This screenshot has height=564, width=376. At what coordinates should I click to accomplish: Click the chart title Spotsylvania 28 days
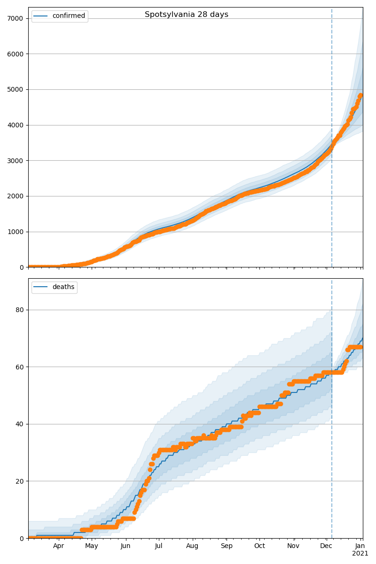click(x=186, y=15)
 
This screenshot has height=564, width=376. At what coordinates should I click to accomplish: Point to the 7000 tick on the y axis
click(x=16, y=18)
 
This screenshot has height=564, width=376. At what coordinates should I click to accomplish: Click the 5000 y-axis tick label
click(x=16, y=89)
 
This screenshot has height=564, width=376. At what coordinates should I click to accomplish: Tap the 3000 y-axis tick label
click(x=16, y=161)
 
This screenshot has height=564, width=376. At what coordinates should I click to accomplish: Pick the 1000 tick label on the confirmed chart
click(x=16, y=232)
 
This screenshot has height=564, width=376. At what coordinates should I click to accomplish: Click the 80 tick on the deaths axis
click(x=19, y=310)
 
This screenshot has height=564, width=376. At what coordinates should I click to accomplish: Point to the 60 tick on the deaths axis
click(x=19, y=367)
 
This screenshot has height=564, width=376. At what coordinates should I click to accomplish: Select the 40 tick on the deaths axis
click(x=19, y=424)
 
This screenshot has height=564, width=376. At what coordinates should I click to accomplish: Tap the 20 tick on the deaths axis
click(x=19, y=481)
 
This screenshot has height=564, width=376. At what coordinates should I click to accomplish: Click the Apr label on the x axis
click(x=58, y=546)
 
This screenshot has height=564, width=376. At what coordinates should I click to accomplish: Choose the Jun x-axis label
click(x=125, y=546)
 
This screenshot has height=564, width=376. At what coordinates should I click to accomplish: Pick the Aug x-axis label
click(x=192, y=546)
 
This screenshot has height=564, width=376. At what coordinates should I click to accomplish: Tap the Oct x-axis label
click(x=259, y=546)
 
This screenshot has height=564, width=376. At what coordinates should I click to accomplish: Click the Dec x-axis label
click(x=326, y=546)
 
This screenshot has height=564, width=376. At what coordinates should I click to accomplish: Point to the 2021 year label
click(x=360, y=554)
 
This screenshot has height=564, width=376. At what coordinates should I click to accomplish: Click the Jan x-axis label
click(x=360, y=546)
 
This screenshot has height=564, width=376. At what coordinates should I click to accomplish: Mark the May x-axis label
click(x=92, y=546)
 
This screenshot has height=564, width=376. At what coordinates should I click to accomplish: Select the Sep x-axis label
click(x=227, y=546)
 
